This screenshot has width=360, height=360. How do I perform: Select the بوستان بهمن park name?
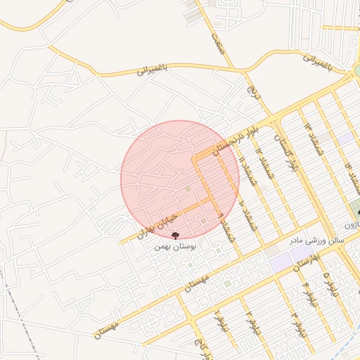[x=175, y=247]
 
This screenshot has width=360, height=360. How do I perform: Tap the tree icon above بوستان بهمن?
[x=175, y=236]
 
